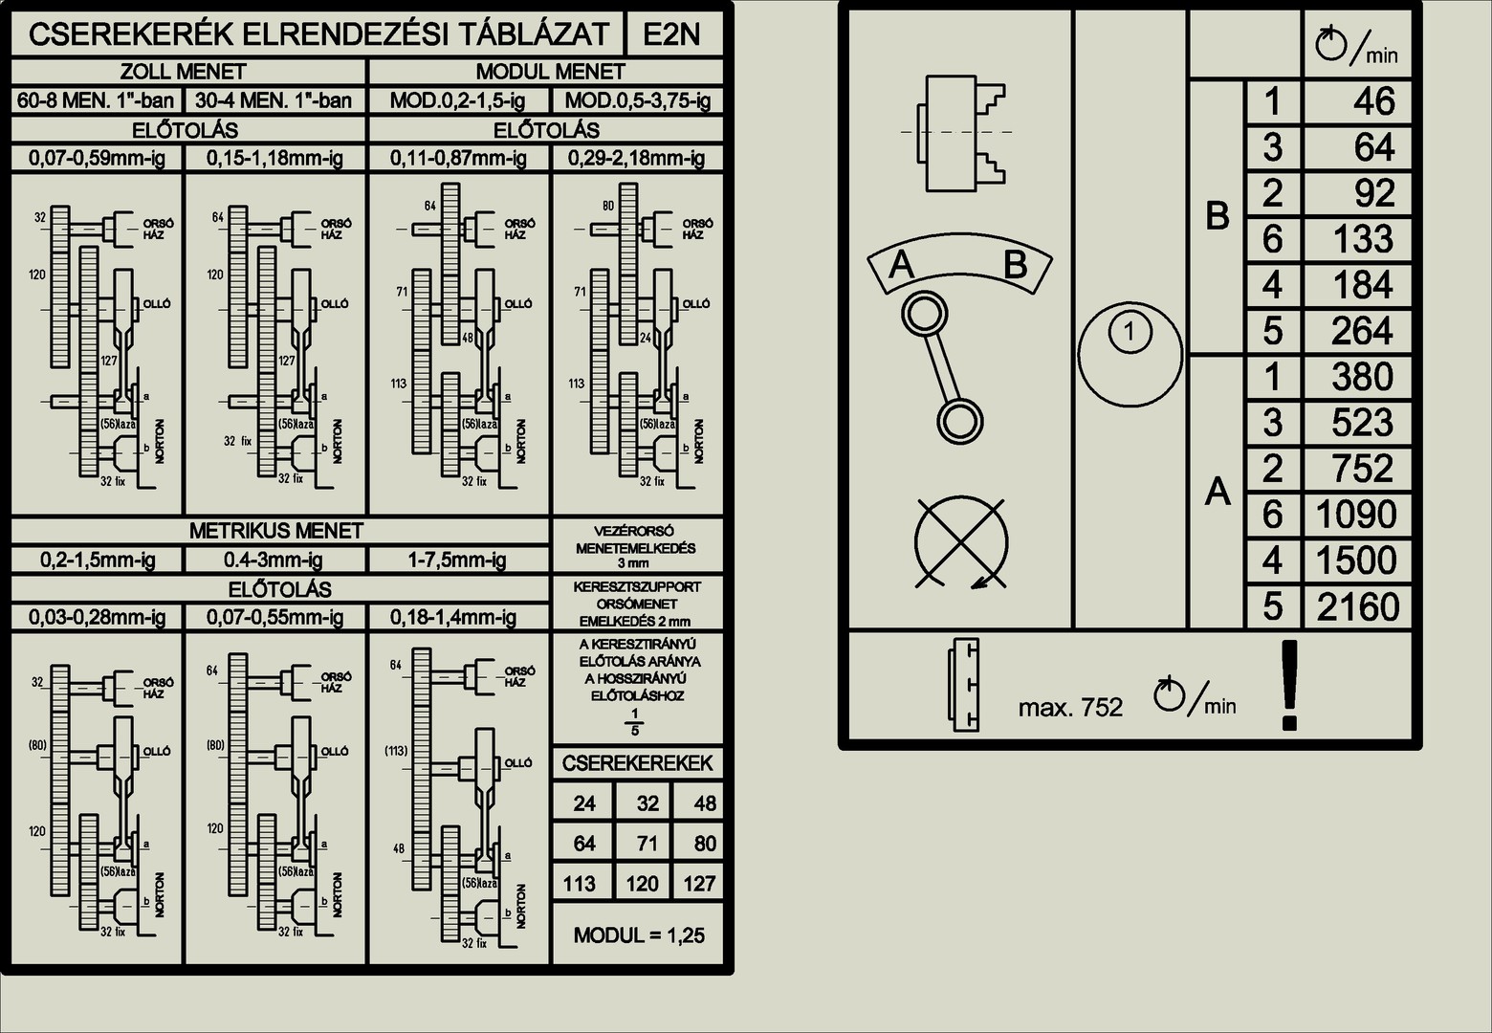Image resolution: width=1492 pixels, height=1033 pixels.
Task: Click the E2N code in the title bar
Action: click(671, 34)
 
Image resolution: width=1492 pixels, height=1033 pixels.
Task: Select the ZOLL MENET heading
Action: click(183, 72)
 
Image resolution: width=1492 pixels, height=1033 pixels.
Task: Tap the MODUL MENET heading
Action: click(550, 72)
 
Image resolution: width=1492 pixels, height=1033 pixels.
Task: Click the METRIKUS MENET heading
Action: click(276, 531)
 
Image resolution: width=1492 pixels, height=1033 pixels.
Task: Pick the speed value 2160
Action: click(1358, 606)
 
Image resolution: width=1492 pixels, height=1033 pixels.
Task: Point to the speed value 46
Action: click(1374, 101)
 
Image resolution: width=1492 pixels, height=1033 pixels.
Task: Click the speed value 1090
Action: click(1357, 515)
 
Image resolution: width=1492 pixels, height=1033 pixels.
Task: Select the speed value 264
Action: click(1363, 331)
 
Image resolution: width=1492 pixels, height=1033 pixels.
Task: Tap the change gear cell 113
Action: click(580, 884)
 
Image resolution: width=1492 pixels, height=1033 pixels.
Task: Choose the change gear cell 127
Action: click(699, 884)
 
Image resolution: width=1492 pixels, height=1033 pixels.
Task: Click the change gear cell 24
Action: click(584, 803)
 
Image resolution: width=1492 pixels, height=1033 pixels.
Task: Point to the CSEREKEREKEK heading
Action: click(637, 763)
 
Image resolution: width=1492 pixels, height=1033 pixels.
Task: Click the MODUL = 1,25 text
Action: click(639, 935)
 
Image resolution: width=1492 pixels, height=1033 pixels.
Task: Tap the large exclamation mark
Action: click(1289, 685)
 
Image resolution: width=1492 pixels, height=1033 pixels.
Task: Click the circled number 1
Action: click(1130, 333)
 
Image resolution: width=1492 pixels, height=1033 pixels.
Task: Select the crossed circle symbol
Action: click(961, 542)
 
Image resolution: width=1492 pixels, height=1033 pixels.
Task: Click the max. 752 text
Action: click(1070, 708)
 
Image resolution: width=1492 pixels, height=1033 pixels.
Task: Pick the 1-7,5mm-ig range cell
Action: click(458, 560)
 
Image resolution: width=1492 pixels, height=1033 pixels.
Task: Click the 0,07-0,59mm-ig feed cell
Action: click(97, 159)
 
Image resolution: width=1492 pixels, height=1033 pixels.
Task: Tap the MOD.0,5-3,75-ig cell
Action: click(637, 100)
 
